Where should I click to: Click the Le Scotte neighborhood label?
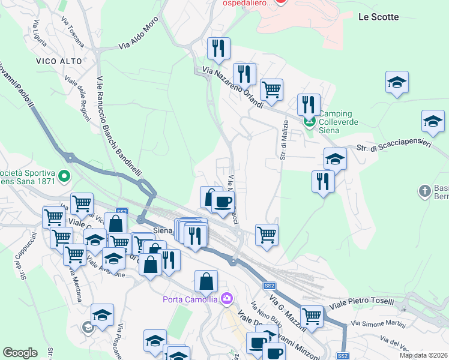coord(378,17)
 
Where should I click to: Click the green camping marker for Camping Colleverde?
coord(310,123)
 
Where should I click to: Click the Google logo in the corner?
coord(20,353)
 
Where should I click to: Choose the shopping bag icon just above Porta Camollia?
coord(206,281)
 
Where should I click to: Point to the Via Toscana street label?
coord(71,27)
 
